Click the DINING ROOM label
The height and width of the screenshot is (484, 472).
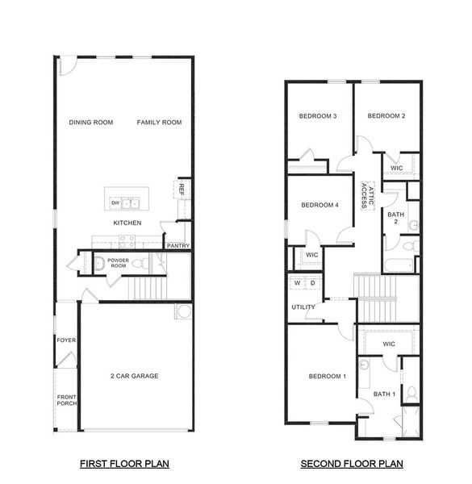(x=91, y=123)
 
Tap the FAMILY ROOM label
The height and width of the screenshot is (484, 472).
(x=159, y=123)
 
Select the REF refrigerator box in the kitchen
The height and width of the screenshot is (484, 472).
(x=182, y=190)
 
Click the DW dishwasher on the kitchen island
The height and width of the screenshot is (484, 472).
(x=115, y=203)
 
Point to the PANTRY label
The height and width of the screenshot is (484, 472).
(x=178, y=245)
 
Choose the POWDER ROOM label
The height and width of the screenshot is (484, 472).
(x=119, y=263)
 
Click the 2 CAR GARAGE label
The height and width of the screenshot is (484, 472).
(x=134, y=376)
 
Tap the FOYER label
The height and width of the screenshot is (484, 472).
(x=66, y=340)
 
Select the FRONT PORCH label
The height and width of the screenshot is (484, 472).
(x=66, y=400)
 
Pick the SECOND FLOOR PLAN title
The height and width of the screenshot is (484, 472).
(x=352, y=464)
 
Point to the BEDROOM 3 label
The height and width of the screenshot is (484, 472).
(x=318, y=116)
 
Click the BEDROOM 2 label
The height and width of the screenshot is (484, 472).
(x=386, y=116)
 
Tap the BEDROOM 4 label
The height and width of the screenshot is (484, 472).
(x=319, y=205)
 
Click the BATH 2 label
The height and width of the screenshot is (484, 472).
(x=395, y=219)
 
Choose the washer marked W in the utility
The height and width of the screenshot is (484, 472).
(x=298, y=283)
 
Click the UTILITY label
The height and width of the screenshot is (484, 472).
(x=303, y=307)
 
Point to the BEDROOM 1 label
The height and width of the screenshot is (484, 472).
(x=327, y=377)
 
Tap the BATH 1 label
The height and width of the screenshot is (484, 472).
(x=385, y=394)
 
